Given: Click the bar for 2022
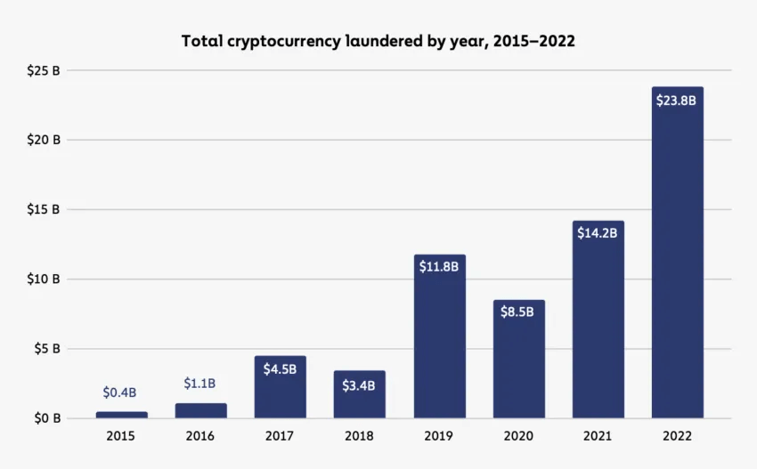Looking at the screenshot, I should click(x=677, y=267).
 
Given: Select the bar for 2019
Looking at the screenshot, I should click(x=439, y=347).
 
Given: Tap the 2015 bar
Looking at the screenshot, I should click(x=121, y=414).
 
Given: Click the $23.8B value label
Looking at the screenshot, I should click(x=677, y=101).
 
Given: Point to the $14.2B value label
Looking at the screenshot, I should click(x=598, y=234).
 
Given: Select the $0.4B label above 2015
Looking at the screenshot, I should click(x=120, y=392).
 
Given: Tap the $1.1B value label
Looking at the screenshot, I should click(x=200, y=384).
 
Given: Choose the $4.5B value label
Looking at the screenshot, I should click(x=280, y=368).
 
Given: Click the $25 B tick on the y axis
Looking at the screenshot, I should click(x=44, y=70).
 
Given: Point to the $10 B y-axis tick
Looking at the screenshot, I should click(x=44, y=279).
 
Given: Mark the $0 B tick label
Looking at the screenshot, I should click(x=46, y=418).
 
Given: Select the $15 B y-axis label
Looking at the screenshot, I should click(x=44, y=210).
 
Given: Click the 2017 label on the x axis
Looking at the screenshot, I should click(x=280, y=437).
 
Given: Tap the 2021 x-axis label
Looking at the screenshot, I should click(x=598, y=437).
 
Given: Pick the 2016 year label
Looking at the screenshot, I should click(x=200, y=437).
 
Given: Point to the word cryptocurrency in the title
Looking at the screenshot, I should click(x=285, y=41).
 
